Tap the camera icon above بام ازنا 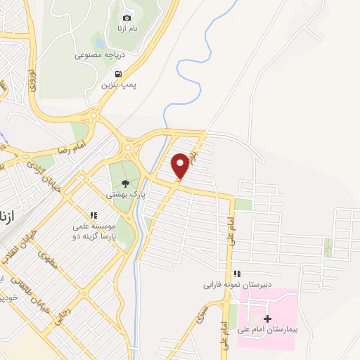[x=127, y=18]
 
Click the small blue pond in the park [x=100, y=44]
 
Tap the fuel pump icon [x=117, y=74]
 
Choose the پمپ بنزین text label [x=120, y=84]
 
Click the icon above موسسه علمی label [x=93, y=215]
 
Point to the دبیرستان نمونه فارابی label [x=238, y=284]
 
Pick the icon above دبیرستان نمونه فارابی [x=238, y=274]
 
